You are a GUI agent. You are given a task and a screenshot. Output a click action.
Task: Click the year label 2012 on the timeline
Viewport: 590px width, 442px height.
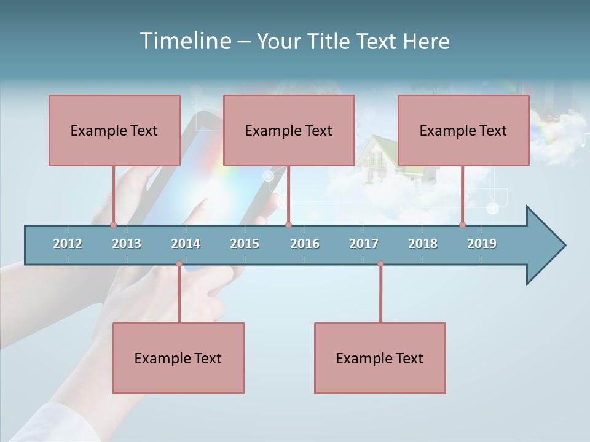(x=68, y=244)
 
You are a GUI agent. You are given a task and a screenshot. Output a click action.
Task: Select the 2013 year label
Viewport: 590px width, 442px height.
(x=127, y=244)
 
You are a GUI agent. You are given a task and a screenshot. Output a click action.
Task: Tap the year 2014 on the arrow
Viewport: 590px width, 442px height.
(x=186, y=244)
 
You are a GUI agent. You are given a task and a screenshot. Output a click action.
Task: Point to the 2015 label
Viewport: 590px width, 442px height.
(x=245, y=244)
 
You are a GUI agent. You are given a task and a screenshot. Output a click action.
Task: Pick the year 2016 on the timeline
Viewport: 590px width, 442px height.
(x=305, y=244)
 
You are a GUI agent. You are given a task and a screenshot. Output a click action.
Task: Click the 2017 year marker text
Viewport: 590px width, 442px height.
(x=364, y=244)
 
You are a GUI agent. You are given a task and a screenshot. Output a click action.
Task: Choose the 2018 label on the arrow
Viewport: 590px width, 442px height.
(x=423, y=244)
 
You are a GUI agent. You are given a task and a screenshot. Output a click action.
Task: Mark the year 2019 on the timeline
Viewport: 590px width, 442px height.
(x=482, y=244)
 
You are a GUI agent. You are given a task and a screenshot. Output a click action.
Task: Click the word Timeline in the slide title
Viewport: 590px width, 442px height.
(x=184, y=41)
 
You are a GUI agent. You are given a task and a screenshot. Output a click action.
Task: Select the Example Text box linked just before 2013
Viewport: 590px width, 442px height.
(x=114, y=130)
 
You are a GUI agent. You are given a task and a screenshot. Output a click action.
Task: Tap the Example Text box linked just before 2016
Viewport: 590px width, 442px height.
(x=289, y=130)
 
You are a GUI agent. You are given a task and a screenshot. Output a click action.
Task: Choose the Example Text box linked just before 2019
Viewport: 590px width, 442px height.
(x=463, y=130)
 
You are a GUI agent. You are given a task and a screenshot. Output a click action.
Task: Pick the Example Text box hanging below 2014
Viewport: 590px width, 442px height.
(x=178, y=358)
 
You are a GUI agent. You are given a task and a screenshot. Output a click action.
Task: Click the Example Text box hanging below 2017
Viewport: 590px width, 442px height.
(x=380, y=358)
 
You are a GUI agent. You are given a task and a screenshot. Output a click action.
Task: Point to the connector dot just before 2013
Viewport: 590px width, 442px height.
(x=113, y=225)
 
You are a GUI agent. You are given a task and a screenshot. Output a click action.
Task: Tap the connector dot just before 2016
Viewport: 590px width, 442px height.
(x=288, y=225)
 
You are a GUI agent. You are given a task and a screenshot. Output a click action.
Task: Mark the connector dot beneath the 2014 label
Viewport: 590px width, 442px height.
(x=179, y=264)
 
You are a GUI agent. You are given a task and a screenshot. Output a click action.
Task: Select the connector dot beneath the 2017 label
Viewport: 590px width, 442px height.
(x=380, y=264)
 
